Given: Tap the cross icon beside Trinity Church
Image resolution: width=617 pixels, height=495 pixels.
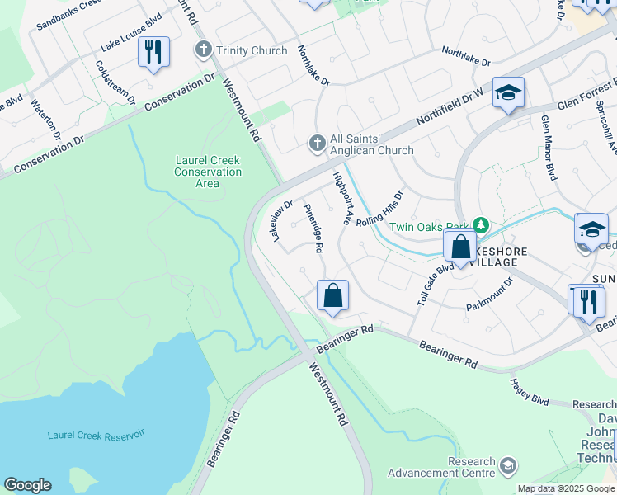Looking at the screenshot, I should (203, 50).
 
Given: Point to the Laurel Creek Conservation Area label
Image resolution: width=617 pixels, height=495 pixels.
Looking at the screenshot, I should (208, 172).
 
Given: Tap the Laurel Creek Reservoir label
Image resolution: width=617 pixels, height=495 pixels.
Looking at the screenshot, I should (96, 435).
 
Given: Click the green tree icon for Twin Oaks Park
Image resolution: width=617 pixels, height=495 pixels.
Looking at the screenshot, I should (479, 224).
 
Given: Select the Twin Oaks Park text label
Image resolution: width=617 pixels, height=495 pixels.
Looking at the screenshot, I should (428, 227).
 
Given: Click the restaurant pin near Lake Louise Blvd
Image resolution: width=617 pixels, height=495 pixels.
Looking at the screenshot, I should (153, 53).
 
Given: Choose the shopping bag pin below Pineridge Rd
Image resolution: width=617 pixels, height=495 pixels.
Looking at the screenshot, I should (332, 296).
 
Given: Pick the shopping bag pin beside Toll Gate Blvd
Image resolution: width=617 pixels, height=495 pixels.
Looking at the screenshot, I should (460, 247).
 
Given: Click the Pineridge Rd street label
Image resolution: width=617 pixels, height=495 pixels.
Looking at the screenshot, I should (313, 228).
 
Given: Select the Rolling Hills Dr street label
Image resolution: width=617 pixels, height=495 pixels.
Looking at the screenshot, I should (380, 211).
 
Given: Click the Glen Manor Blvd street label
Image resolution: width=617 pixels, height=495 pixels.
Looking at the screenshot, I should (548, 147).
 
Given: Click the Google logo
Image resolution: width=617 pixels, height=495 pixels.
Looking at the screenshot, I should (28, 485).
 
